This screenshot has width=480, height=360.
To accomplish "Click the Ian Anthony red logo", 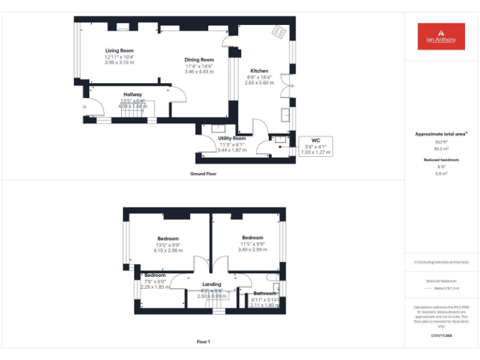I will click(441, 36).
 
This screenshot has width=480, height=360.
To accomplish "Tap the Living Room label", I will click(119, 51).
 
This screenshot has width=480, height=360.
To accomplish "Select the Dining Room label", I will click(199, 60).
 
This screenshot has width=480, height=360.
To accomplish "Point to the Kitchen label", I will click(259, 71).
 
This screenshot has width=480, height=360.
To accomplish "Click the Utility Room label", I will click(232, 138).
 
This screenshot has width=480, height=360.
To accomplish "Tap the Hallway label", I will click(132, 94).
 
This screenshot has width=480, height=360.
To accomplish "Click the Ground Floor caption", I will click(203, 174).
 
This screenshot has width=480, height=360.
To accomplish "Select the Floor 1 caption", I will click(203, 342).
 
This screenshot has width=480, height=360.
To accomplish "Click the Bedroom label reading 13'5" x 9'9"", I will click(168, 239).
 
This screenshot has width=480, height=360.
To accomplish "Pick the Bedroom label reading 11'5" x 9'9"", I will click(252, 237).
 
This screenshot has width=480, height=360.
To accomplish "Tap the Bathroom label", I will click(265, 293).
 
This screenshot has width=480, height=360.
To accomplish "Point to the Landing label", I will click(212, 284).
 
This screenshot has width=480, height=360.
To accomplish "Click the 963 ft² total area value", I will click(441, 142).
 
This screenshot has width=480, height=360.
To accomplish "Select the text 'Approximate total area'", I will click(441, 134).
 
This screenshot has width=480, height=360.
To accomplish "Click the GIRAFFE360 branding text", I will click(441, 336).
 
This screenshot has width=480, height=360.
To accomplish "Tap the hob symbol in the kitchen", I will click(279, 32).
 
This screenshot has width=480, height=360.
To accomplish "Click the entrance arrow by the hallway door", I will click(84, 107).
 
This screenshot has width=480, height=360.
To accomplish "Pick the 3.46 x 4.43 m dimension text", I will click(199, 72).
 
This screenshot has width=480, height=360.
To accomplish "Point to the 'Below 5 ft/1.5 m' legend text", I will click(446, 289).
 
